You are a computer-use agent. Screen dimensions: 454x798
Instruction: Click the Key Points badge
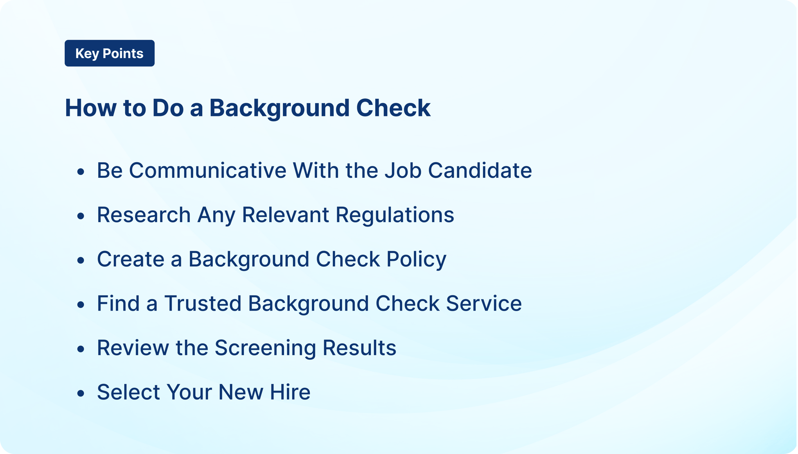tap(109, 53)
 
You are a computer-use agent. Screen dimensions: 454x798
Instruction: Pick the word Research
tap(144, 215)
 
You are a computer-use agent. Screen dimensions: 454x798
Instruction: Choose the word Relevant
tap(285, 215)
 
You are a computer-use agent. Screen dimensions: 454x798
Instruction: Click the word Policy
tap(416, 260)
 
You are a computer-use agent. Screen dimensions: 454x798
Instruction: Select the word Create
tap(131, 259)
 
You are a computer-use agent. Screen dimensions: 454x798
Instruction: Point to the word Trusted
tap(203, 304)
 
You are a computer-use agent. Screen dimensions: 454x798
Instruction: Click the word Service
tap(484, 304)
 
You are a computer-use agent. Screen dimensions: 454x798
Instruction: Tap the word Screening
tap(265, 348)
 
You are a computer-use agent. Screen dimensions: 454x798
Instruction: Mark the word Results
tap(359, 348)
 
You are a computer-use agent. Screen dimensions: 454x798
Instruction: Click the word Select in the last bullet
tap(128, 392)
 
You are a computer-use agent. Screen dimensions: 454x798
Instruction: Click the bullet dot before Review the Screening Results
tap(81, 349)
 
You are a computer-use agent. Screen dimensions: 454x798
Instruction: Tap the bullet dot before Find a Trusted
tap(81, 305)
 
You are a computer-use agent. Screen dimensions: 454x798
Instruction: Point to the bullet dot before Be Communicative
tap(81, 172)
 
